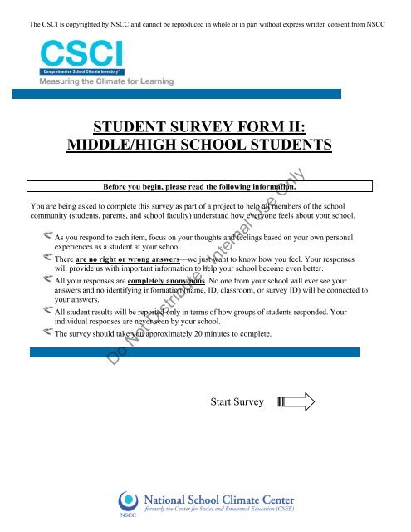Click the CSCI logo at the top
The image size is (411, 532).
[81, 56]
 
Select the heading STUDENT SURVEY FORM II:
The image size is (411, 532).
[205, 127]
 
